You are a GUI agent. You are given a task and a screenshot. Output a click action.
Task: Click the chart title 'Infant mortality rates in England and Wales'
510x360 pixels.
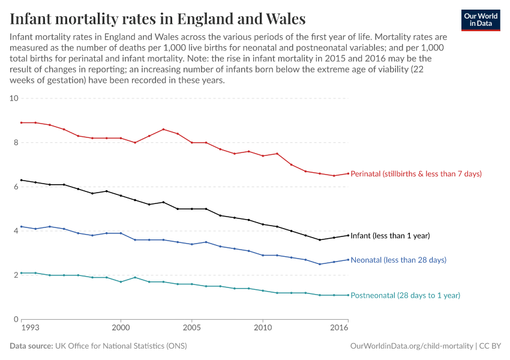pyautogui.click(x=158, y=19)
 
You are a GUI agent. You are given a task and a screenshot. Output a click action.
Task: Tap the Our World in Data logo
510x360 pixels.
pyautogui.click(x=480, y=20)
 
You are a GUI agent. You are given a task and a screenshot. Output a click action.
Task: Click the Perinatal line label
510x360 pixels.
pyautogui.click(x=416, y=174)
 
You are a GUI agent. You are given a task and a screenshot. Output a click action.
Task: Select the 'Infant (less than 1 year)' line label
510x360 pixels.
pyautogui.click(x=390, y=236)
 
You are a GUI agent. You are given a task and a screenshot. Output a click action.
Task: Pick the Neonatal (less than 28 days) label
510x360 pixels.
pyautogui.click(x=398, y=260)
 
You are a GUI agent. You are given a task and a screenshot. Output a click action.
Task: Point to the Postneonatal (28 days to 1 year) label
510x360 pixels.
pyautogui.click(x=405, y=295)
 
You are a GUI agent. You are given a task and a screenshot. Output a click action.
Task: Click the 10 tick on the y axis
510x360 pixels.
pyautogui.click(x=14, y=98)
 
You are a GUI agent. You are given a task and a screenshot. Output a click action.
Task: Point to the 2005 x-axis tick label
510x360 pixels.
pyautogui.click(x=191, y=329)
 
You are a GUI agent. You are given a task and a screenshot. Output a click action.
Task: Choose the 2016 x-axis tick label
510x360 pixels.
pyautogui.click(x=340, y=329)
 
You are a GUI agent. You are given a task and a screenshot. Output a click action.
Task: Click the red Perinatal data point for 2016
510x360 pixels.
pyautogui.click(x=348, y=173)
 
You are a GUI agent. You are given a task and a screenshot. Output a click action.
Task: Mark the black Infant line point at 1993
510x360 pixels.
pyautogui.click(x=22, y=180)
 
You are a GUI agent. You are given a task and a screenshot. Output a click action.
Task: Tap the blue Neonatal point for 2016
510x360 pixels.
pyautogui.click(x=348, y=260)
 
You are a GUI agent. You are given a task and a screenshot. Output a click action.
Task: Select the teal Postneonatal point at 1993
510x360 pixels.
pyautogui.click(x=22, y=273)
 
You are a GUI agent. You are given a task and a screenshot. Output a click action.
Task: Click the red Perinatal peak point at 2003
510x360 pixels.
pyautogui.click(x=163, y=129)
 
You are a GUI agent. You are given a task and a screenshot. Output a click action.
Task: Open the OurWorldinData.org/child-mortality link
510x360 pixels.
pyautogui.click(x=411, y=346)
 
